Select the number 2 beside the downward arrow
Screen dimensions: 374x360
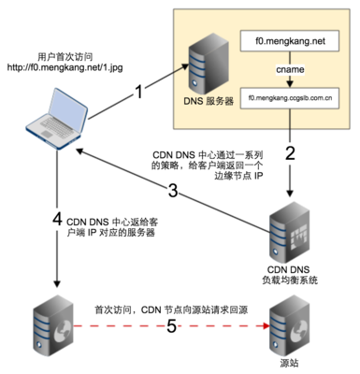[x=290, y=151]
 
